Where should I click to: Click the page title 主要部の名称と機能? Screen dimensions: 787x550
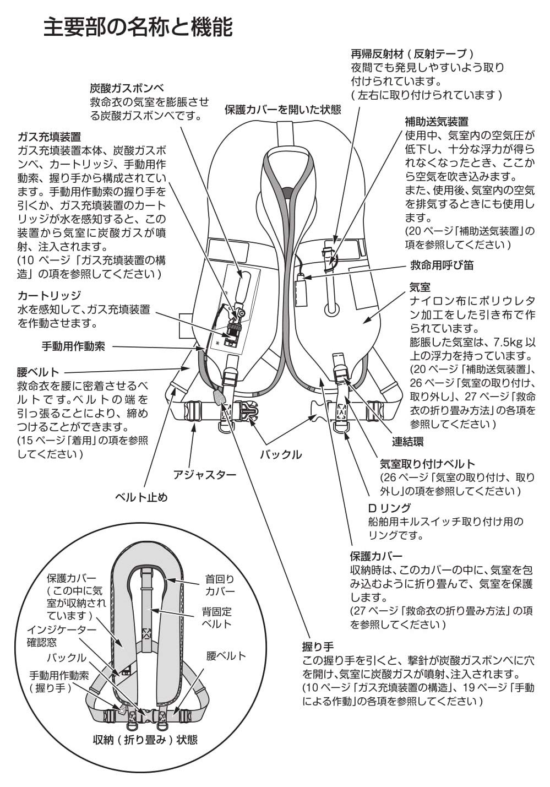point(138,28)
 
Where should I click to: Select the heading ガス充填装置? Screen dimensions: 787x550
point(49,137)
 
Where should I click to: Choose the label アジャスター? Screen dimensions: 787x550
point(204,474)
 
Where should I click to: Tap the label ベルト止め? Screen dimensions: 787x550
point(141,497)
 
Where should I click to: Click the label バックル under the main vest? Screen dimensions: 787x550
point(280,454)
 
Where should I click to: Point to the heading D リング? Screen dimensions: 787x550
point(389,507)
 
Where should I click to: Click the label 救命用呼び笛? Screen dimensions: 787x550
point(442,265)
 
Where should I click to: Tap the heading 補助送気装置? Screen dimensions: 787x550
point(436,121)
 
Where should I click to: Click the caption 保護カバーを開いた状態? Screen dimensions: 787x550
point(283,109)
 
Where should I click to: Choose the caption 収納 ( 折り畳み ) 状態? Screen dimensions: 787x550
point(145,740)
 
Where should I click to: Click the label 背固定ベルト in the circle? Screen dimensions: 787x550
point(216,617)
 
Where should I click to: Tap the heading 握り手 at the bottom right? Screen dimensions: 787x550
point(318,645)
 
